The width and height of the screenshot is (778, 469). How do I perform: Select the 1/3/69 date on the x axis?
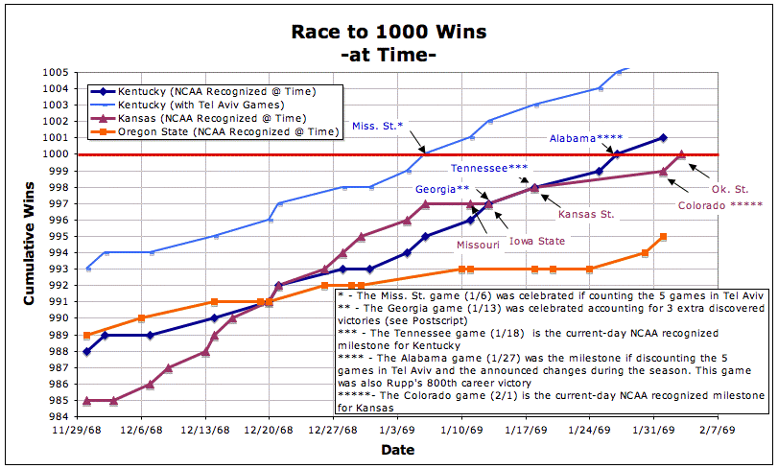tap(396, 431)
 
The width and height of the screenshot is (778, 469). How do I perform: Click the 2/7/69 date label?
tap(718, 431)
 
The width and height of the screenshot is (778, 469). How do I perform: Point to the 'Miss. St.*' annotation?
tap(377, 126)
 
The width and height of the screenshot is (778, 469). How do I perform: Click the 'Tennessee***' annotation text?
tap(489, 168)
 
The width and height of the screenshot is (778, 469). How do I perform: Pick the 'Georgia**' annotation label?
tap(441, 189)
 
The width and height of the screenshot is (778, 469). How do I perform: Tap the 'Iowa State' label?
tap(536, 241)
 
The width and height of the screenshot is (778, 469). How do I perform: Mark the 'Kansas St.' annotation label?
tap(587, 213)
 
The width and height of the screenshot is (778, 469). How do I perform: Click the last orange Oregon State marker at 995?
tap(663, 236)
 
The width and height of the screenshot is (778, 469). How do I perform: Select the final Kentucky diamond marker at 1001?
tap(663, 138)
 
